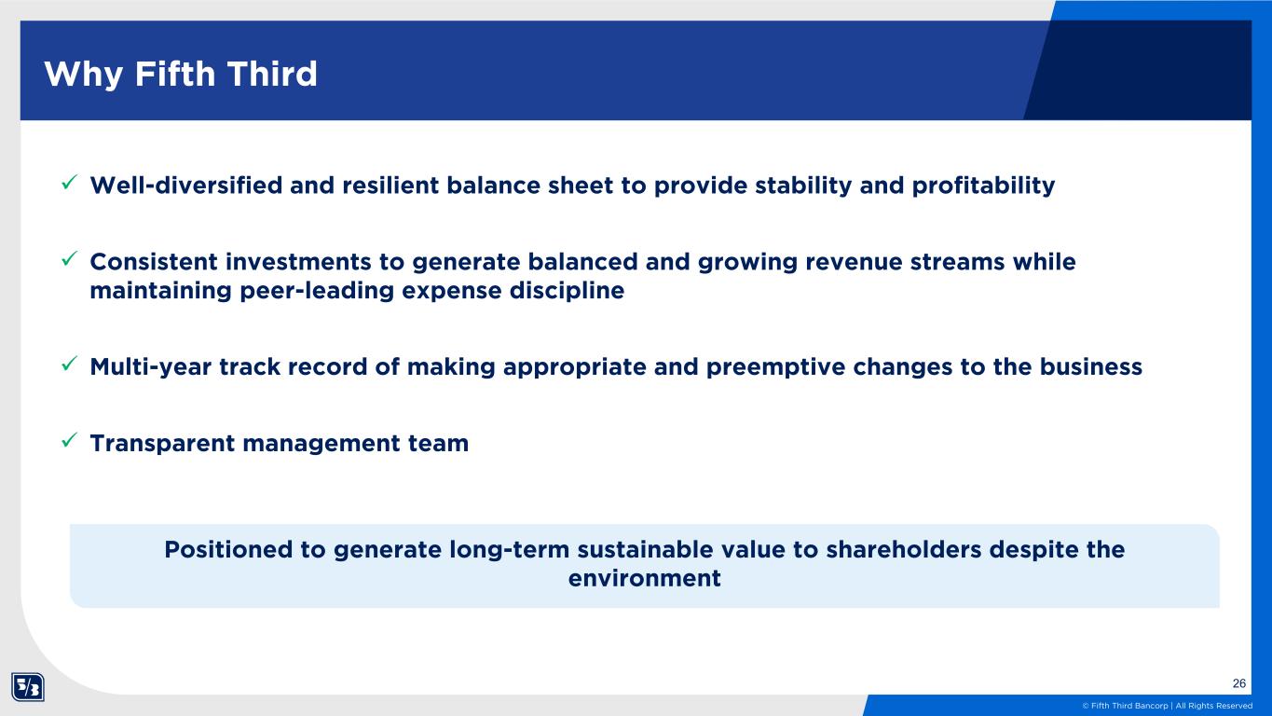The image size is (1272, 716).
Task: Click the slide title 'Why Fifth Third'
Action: (x=181, y=75)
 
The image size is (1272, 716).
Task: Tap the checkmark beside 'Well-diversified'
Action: (x=69, y=183)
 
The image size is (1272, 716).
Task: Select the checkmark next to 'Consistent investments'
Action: (x=69, y=258)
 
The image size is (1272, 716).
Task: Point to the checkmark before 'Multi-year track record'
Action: (x=69, y=364)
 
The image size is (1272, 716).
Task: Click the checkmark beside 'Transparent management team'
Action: (x=69, y=440)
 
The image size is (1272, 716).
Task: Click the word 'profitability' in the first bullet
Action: (x=983, y=186)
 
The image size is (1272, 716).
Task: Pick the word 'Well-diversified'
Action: (x=186, y=186)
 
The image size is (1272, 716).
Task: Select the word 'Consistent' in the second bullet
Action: (x=154, y=262)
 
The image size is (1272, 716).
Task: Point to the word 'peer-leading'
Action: (x=317, y=292)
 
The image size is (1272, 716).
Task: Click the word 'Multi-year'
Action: (x=150, y=367)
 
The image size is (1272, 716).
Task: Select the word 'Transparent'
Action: (x=162, y=444)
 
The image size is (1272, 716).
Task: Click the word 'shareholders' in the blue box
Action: (x=904, y=549)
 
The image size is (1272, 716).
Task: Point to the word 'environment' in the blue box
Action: (x=645, y=578)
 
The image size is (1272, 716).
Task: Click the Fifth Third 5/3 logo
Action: (x=27, y=687)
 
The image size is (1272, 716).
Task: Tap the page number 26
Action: (x=1239, y=683)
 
